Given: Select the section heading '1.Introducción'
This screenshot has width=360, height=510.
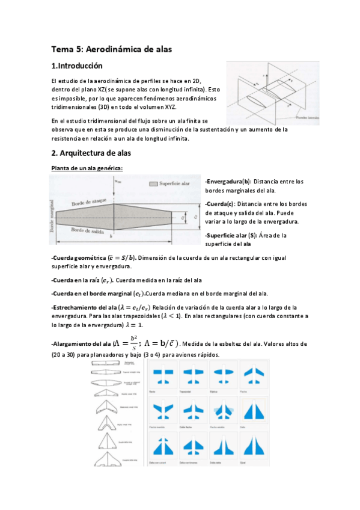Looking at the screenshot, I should tap(77, 66).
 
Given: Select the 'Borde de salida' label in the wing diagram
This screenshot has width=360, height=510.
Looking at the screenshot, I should tap(87, 230).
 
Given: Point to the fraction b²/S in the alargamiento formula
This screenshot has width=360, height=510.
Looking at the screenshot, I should tap(133, 343).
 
